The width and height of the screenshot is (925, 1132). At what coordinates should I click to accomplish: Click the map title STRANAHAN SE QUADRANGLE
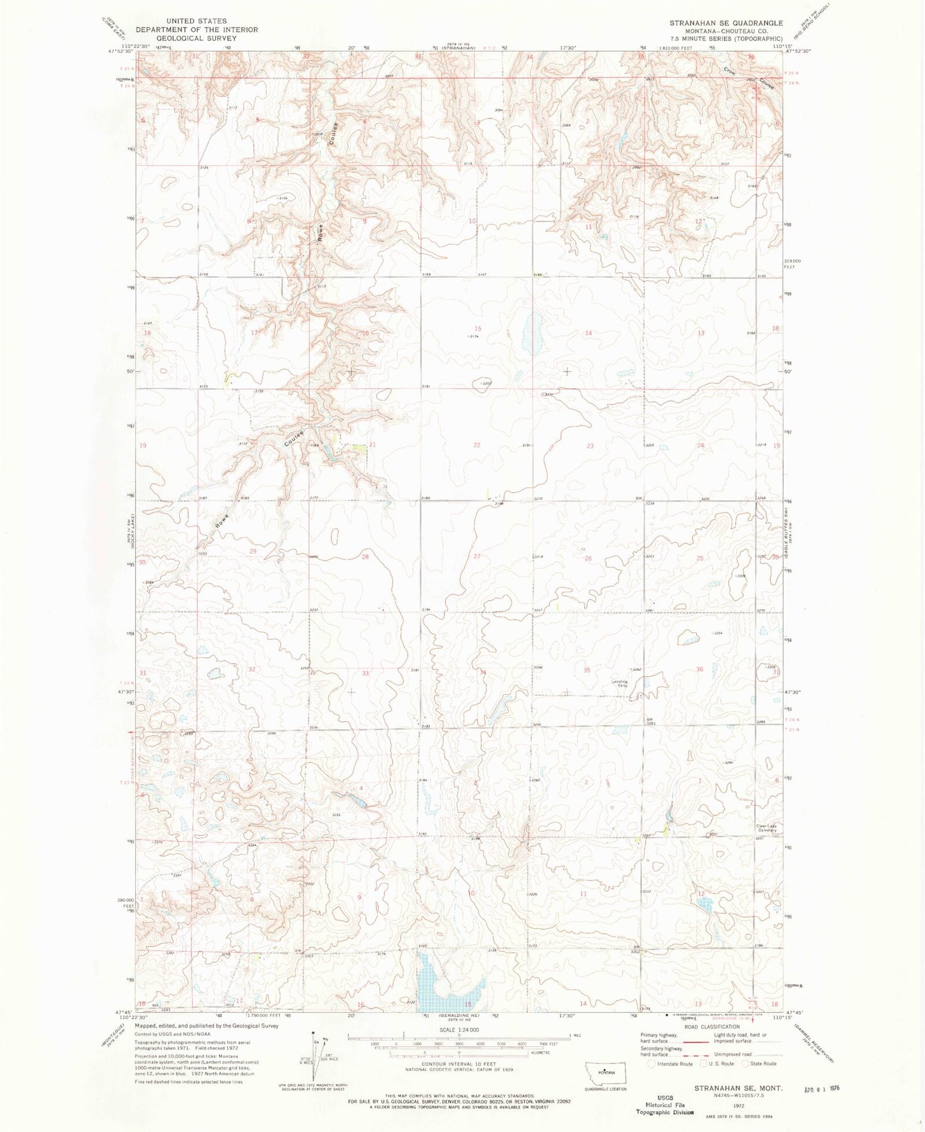point(726,23)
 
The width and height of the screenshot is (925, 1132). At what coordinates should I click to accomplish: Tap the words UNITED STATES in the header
point(196,21)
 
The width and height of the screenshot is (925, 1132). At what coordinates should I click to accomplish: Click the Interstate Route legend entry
point(670,1063)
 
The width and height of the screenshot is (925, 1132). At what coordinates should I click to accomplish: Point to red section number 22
point(476,445)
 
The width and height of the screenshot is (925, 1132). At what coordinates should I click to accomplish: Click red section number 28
point(365,557)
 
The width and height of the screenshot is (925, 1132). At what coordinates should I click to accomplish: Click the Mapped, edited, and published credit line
point(207,1026)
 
